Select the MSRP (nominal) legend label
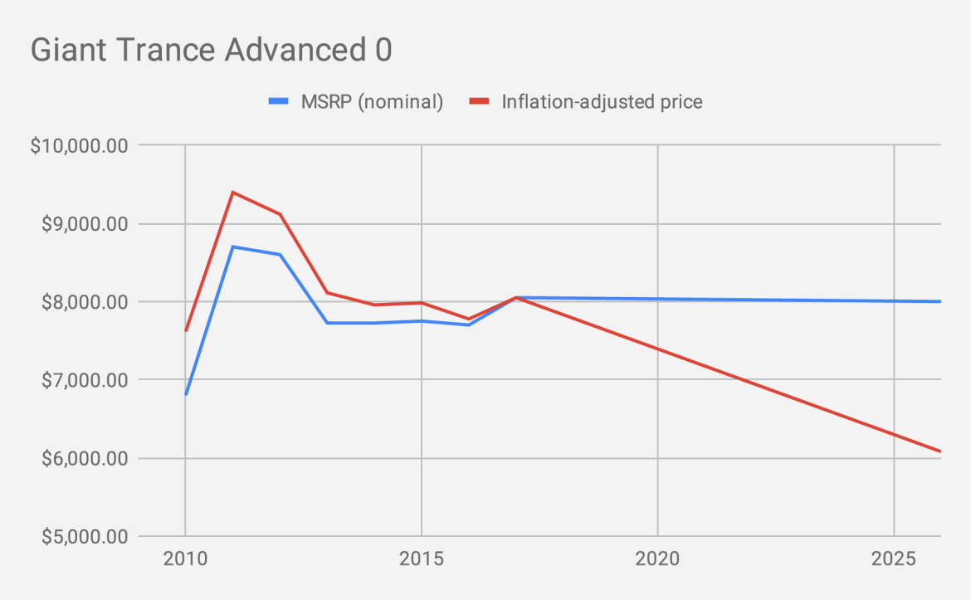click(x=371, y=102)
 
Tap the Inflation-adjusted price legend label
click(x=602, y=102)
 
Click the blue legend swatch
click(x=278, y=102)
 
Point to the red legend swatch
click(x=479, y=102)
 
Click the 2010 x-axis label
click(x=185, y=559)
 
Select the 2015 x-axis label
click(x=422, y=559)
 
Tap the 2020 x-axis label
click(x=657, y=559)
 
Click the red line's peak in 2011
click(x=233, y=193)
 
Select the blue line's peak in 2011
click(x=233, y=246)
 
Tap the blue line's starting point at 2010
click(x=186, y=394)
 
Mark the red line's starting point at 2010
click(x=186, y=330)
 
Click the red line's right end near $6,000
click(x=939, y=451)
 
